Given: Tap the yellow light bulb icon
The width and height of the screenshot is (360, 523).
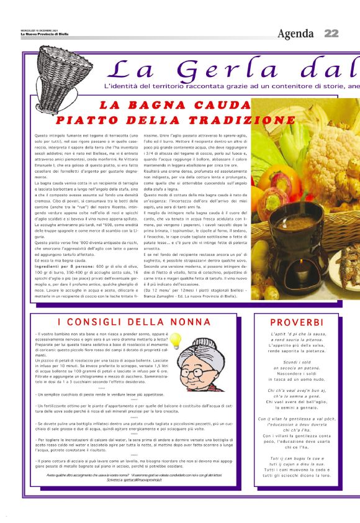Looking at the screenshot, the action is click(176, 340).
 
